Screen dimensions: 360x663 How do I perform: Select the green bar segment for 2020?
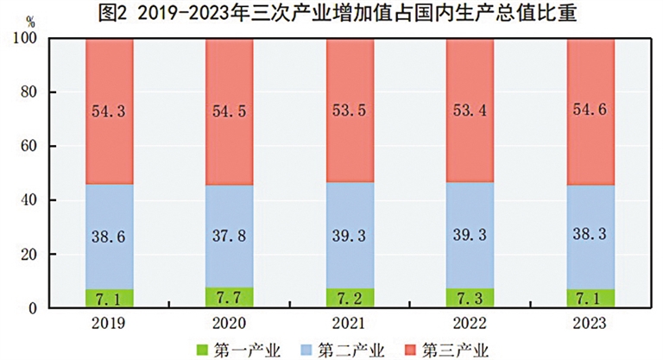point(230,298)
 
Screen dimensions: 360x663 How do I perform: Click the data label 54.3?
point(110,111)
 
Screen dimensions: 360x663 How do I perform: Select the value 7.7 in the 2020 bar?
point(230,298)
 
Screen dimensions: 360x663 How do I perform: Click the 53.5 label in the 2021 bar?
point(350,111)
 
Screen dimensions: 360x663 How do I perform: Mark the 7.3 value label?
point(470,299)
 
